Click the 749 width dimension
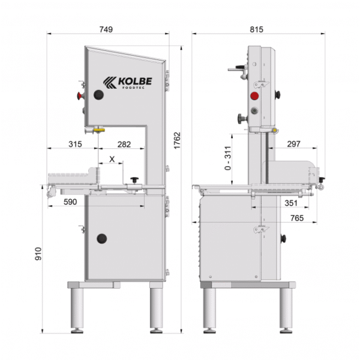(106, 29)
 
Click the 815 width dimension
(256, 29)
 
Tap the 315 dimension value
(74, 145)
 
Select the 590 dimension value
(70, 202)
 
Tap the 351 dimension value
(290, 203)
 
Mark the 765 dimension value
(293, 218)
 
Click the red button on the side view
(254, 95)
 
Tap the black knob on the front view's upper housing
(98, 95)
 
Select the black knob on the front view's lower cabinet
(102, 238)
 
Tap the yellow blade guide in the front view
(98, 128)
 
